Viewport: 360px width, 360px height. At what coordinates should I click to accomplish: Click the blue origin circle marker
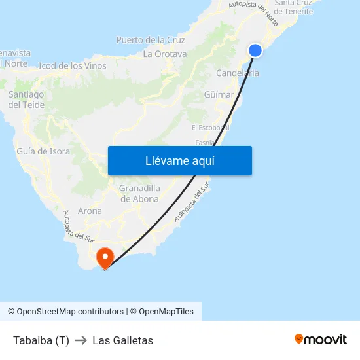click(255, 50)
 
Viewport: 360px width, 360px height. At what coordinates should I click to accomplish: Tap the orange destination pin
click(105, 257)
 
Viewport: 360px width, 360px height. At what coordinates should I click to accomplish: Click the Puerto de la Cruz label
click(151, 40)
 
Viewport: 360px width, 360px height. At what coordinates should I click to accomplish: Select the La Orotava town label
click(165, 54)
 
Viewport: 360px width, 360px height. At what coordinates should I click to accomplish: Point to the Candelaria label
click(238, 73)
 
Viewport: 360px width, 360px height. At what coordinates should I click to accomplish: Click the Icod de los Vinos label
click(73, 66)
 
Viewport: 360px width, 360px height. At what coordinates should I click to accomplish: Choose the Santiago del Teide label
click(26, 99)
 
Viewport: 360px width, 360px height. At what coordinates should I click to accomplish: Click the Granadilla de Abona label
click(139, 194)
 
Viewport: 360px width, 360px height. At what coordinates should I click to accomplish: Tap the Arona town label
click(90, 211)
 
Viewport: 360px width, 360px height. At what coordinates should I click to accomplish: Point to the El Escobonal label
click(209, 128)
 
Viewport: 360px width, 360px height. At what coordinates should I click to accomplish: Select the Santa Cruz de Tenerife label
click(293, 7)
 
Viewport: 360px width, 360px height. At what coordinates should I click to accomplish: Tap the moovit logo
click(321, 340)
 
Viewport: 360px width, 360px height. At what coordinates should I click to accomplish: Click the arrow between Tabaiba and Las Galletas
click(81, 340)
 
